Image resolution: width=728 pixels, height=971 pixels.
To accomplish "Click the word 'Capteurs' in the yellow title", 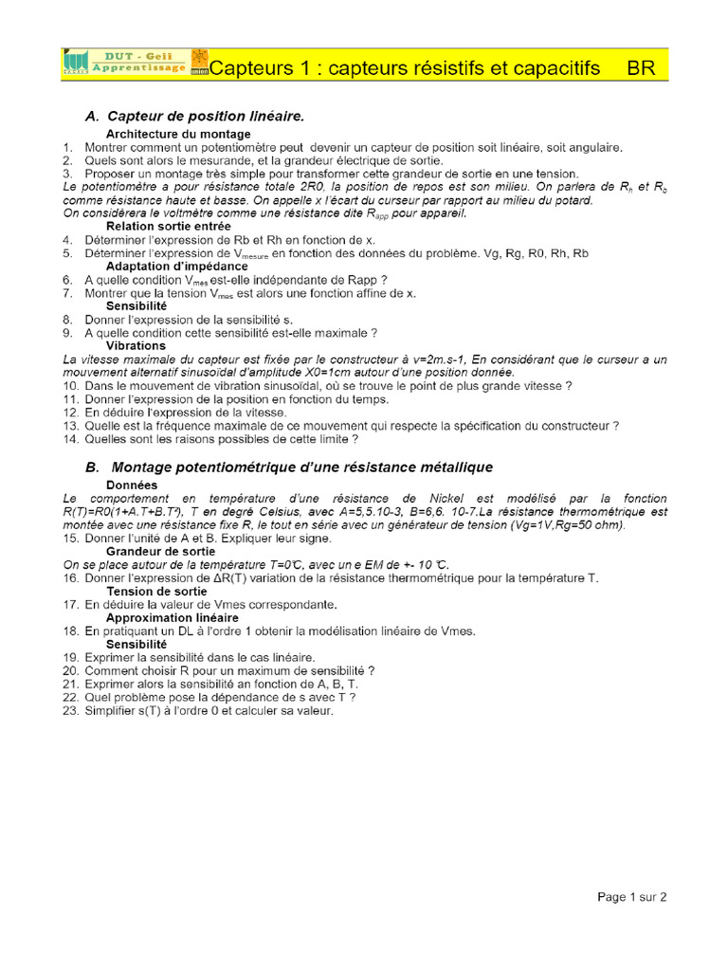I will coord(248,68).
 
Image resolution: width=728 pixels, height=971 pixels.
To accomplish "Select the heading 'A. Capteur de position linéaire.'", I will coord(194,116).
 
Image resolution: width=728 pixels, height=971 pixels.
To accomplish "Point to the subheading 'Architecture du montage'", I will coord(178,135).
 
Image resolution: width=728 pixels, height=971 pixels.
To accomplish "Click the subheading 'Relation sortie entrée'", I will coord(168,227).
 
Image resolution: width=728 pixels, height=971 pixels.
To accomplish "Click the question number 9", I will coord(67,333).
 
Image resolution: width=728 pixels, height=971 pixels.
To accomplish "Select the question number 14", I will coord(70,439).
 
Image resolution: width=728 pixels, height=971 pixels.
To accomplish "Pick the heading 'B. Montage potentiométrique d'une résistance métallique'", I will coord(289,467).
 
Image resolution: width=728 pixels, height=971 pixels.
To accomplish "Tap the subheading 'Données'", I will coord(132,485).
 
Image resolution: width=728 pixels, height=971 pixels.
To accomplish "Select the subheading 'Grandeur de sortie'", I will coord(160,551).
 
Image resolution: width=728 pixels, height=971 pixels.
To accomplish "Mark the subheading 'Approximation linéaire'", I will coord(173,617).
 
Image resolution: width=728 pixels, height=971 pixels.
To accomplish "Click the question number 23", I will coord(70,710).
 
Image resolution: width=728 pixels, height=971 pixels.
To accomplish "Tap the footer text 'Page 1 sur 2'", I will coord(632,896).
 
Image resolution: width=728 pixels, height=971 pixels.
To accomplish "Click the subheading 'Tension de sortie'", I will coord(155,591).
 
